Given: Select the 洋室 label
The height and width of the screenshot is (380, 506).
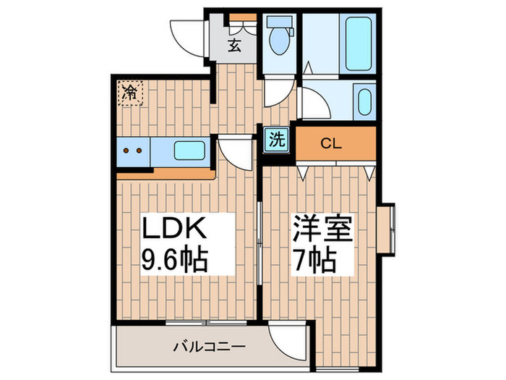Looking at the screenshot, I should coord(322,231).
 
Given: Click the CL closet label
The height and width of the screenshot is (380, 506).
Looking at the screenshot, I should coord(330,143).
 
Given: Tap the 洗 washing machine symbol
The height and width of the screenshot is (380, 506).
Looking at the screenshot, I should coord(277,139).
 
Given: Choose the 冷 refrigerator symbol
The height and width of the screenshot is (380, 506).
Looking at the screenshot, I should coord(130,92).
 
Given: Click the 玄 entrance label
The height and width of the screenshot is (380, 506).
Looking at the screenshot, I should coord(234,46).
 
